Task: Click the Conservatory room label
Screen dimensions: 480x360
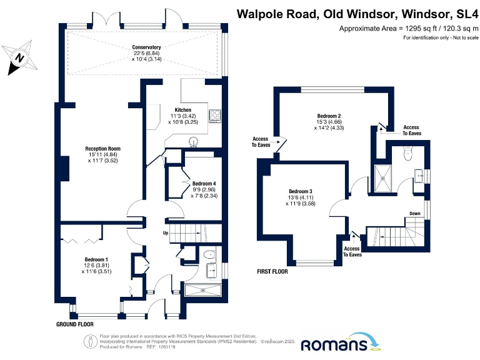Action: coord(146,47)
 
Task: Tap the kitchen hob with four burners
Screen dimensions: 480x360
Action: coord(215,116)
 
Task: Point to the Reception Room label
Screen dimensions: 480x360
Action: coord(103,149)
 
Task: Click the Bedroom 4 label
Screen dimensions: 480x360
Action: coord(204,184)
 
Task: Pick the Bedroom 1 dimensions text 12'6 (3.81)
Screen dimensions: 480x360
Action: coord(96,266)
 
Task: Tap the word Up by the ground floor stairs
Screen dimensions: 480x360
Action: coord(166,233)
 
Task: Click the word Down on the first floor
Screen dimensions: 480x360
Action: coord(415,213)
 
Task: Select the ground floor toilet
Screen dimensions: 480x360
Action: coord(209,254)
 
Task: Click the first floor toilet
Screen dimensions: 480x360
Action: coord(408,154)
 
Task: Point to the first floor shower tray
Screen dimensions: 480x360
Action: coord(382,179)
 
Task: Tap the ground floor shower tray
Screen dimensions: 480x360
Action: coord(203,290)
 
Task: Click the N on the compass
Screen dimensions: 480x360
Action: coord(20,57)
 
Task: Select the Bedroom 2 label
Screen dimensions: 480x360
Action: coord(329,116)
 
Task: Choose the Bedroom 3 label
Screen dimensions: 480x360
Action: coord(301,191)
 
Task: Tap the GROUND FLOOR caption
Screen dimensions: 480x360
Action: coord(75,324)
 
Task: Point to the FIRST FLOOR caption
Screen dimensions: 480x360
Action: coord(272,271)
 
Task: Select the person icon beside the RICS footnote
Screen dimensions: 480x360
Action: coord(90,341)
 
